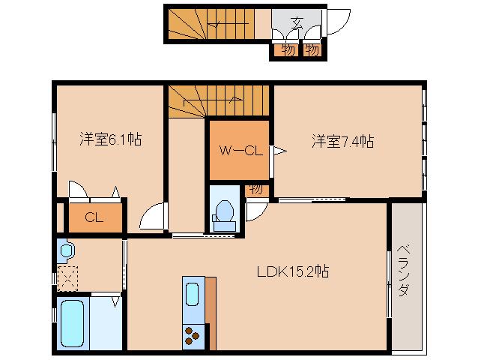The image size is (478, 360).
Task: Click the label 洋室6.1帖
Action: (112, 139)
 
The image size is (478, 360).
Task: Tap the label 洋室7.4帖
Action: (343, 141)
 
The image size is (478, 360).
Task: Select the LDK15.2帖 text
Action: (291, 271)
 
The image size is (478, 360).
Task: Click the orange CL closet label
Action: (94, 218)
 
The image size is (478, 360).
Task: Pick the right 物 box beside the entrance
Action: (312, 50)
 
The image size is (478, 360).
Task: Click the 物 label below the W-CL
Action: (255, 189)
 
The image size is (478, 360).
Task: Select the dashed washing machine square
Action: (67, 278)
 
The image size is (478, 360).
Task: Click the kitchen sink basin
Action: (191, 297)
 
